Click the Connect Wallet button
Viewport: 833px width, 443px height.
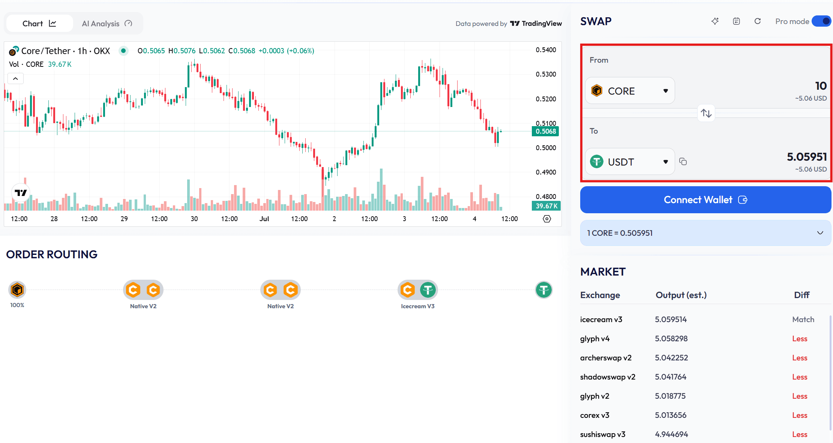[x=705, y=200]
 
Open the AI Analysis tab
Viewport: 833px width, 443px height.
[x=107, y=24]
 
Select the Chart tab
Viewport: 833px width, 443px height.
[x=39, y=24]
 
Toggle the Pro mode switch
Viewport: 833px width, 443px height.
[x=821, y=21]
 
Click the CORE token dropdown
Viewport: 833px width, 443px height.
[x=630, y=91]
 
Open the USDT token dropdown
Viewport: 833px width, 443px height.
[x=630, y=162]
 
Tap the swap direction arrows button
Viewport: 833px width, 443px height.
[x=706, y=113]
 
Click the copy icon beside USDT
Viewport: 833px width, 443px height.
[x=683, y=161]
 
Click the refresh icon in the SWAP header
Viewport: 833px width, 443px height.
[x=757, y=21]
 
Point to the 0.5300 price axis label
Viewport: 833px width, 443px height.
[x=546, y=74]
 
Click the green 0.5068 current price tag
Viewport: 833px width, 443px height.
[x=545, y=131]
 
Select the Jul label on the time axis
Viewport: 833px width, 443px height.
[x=264, y=219]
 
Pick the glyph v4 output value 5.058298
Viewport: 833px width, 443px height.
[x=671, y=339]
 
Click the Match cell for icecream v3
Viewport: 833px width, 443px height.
[x=803, y=319]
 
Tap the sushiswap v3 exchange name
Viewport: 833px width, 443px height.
[x=602, y=434]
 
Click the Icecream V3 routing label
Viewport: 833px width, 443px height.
[x=417, y=306]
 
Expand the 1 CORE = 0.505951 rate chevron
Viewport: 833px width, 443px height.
[x=820, y=233]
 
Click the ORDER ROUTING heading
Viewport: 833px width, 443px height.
[x=52, y=255]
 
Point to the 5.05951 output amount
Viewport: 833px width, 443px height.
[x=806, y=157]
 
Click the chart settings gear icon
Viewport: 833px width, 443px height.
[x=547, y=219]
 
